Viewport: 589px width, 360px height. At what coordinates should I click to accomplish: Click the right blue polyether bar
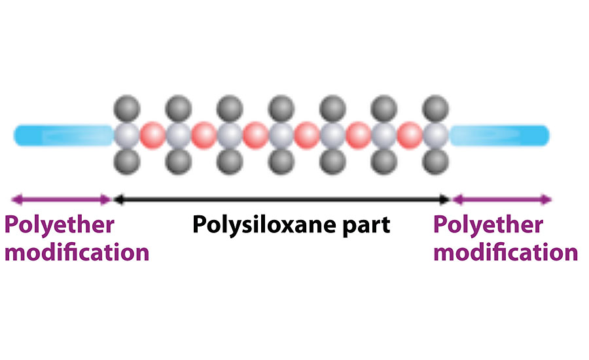coord(500,135)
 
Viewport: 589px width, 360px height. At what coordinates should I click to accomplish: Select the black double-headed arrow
coord(282,199)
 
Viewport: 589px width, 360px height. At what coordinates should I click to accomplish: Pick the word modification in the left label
coord(77,252)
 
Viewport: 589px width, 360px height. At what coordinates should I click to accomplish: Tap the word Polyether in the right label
coord(488,225)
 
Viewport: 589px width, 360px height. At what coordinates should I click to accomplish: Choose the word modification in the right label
coord(505,252)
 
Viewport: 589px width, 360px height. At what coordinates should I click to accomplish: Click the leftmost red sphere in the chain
coord(152,135)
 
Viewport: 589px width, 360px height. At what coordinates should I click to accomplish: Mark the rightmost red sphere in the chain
coord(410,135)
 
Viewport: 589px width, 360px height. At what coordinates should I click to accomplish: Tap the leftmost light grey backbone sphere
coord(126,135)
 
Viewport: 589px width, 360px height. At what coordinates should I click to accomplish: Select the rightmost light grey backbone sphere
coord(435,135)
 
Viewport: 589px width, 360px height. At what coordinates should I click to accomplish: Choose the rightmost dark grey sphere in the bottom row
coord(435,162)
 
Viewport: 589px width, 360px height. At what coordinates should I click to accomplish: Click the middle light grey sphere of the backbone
coord(281,135)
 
